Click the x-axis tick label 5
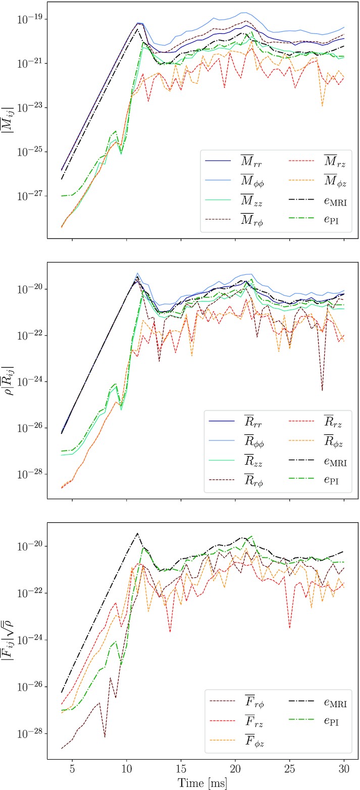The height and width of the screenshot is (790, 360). click(x=72, y=769)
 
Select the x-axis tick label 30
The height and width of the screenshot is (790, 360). click(x=344, y=769)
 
